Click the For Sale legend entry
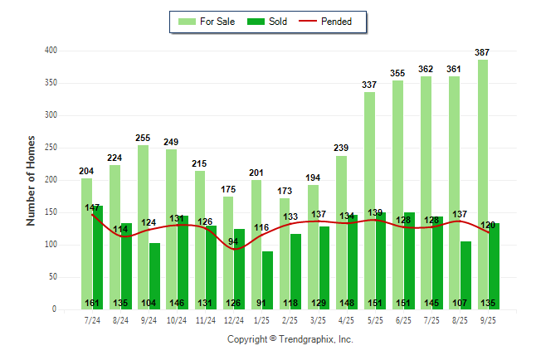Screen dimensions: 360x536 click(207, 22)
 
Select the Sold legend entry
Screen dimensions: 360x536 click(269, 22)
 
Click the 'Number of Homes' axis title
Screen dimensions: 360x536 click(31, 180)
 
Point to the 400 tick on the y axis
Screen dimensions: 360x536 click(51, 51)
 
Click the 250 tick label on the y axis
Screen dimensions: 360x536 click(51, 148)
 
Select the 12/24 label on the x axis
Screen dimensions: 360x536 click(234, 319)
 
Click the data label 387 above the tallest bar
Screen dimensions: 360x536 click(482, 52)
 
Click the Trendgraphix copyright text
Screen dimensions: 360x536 click(290, 339)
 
